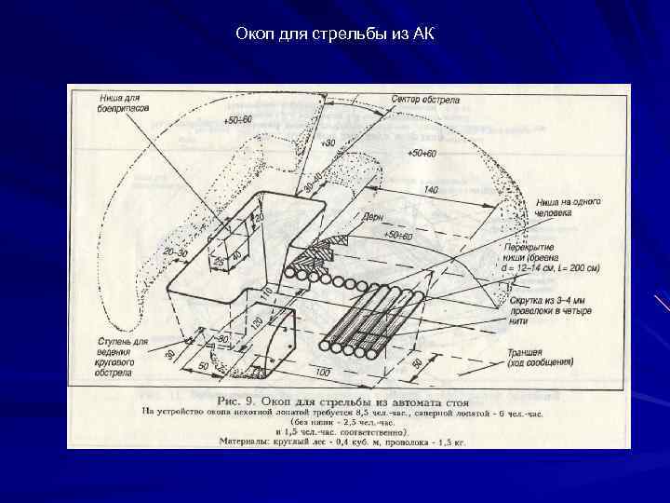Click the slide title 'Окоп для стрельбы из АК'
click(334, 34)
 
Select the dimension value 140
click(430, 190)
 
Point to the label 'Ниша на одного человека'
click(568, 208)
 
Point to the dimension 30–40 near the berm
click(315, 181)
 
